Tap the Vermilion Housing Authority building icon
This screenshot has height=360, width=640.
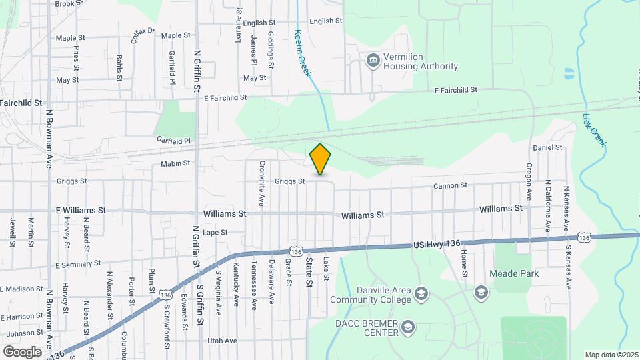(x=373, y=61)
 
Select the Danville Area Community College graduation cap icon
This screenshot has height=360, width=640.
(x=421, y=293)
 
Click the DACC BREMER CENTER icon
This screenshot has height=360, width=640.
(x=408, y=327)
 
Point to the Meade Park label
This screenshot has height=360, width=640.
(x=514, y=273)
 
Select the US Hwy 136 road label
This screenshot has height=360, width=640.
(x=437, y=245)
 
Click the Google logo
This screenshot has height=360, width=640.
(x=22, y=351)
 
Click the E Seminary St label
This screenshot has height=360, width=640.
(x=78, y=265)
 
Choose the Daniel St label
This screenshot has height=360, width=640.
(x=547, y=147)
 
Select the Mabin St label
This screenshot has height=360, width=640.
(x=175, y=163)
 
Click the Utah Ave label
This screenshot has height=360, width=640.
(x=222, y=341)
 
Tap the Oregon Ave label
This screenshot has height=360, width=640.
(x=529, y=181)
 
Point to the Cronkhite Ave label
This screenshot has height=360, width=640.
(x=263, y=183)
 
